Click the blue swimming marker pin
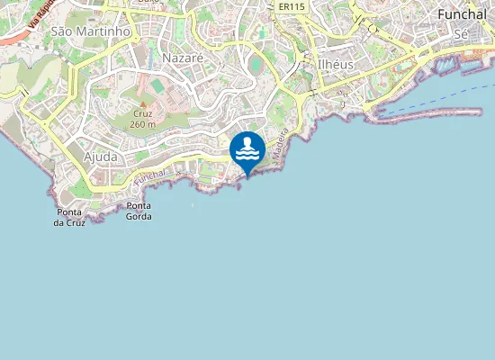pyautogui.click(x=247, y=151)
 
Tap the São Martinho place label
pyautogui.click(x=91, y=31)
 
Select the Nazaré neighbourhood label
pyautogui.click(x=184, y=57)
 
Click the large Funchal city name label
pyautogui.click(x=462, y=14)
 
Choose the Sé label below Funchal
pyautogui.click(x=462, y=33)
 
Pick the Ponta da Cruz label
pyautogui.click(x=69, y=217)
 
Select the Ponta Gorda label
pyautogui.click(x=139, y=211)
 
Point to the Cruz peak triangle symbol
pyautogui.click(x=141, y=103)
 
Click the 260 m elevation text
pyautogui.click(x=142, y=124)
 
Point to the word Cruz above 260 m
pyautogui.click(x=142, y=114)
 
